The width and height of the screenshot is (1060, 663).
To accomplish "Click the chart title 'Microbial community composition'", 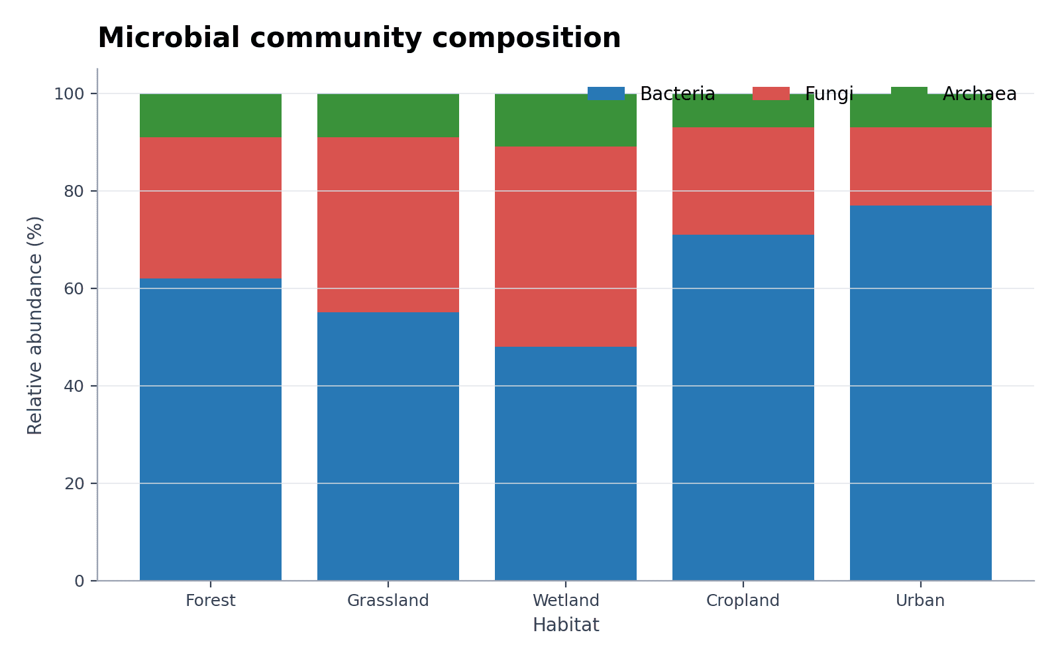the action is click(359, 38).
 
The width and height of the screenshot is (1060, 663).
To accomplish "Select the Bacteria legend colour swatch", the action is click(606, 93).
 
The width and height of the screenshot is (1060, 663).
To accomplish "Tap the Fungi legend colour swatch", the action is click(771, 93).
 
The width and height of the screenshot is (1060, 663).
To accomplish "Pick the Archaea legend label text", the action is click(980, 93).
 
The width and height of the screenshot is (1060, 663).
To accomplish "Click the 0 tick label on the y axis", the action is click(79, 581).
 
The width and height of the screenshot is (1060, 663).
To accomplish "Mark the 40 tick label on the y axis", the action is click(74, 387).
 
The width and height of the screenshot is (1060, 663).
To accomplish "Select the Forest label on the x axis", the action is click(211, 601).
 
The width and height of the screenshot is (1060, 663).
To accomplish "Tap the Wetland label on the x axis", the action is click(566, 601).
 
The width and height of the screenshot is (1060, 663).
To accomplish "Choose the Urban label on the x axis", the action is click(920, 601).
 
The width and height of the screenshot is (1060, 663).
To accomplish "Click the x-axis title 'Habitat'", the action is click(566, 625).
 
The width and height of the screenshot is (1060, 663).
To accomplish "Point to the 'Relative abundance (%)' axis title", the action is click(35, 326).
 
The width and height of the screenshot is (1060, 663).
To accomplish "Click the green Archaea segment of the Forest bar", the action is click(211, 115).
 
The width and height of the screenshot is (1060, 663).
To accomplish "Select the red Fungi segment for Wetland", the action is click(566, 247).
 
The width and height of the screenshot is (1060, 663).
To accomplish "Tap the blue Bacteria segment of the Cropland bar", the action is click(743, 408).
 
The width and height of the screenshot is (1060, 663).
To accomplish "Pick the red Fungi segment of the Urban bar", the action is click(921, 166).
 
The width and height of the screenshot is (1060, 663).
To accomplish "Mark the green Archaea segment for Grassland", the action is click(388, 115).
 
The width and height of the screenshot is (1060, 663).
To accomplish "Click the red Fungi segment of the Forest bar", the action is click(211, 208).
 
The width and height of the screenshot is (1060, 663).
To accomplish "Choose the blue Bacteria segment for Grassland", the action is click(388, 447).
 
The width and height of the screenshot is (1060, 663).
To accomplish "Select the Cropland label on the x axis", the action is click(743, 601).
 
